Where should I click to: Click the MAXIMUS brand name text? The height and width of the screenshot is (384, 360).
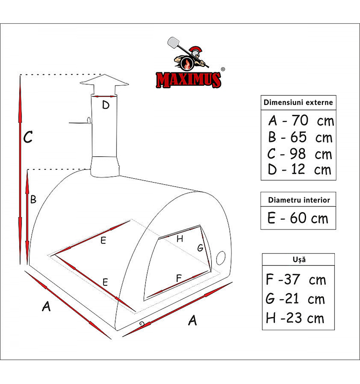click(188, 80)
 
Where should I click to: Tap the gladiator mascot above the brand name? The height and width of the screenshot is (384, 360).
click(188, 54)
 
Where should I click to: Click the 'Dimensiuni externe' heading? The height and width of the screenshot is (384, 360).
click(298, 103)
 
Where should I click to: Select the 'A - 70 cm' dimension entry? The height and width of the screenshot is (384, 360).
click(301, 121)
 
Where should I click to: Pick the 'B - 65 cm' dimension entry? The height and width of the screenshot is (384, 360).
click(300, 137)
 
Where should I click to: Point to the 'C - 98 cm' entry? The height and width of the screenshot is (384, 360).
click(300, 154)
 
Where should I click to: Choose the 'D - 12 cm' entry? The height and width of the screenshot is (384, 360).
click(300, 169)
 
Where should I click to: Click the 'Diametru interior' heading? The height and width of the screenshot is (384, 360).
click(299, 200)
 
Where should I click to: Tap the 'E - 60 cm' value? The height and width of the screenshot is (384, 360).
click(298, 218)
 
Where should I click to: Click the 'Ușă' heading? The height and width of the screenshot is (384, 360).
click(299, 259)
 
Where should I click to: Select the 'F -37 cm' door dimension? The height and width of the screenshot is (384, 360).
click(296, 279)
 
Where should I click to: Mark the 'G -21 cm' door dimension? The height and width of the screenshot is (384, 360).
click(295, 299)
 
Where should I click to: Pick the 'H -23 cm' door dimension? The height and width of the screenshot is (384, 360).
click(295, 318)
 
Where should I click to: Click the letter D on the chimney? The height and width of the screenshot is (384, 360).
click(106, 105)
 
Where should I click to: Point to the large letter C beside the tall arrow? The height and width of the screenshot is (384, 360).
click(28, 137)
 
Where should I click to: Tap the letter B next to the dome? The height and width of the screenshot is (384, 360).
click(33, 199)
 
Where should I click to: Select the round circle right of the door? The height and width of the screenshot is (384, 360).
click(221, 258)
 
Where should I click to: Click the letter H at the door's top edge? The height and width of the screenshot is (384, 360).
click(180, 239)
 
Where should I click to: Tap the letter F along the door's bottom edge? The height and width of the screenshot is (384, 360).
click(179, 278)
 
